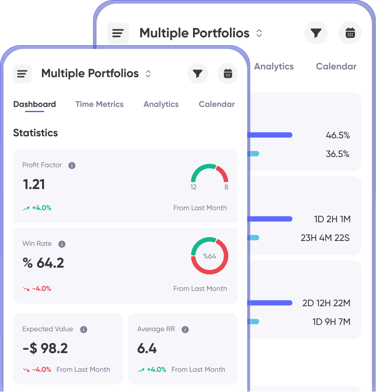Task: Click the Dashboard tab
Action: pyautogui.click(x=34, y=104)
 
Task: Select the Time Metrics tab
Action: pyautogui.click(x=99, y=104)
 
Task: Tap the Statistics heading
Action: pyautogui.click(x=36, y=133)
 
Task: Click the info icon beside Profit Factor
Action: pyautogui.click(x=72, y=166)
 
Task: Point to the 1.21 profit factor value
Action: pyautogui.click(x=33, y=184)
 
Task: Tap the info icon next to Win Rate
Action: pyautogui.click(x=62, y=244)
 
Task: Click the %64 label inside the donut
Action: pyautogui.click(x=209, y=256)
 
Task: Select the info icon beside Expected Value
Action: pyautogui.click(x=84, y=330)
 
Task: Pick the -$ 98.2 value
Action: pyautogui.click(x=45, y=348)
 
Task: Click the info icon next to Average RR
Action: pyautogui.click(x=185, y=330)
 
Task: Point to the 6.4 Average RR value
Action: pyautogui.click(x=147, y=348)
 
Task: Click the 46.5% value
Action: pyautogui.click(x=337, y=135)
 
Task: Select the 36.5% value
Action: pyautogui.click(x=337, y=154)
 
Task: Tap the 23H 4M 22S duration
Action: pyautogui.click(x=325, y=238)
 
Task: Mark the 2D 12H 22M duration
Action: pyautogui.click(x=326, y=303)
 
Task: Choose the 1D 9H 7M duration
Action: pyautogui.click(x=331, y=322)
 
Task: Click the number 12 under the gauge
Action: pyautogui.click(x=193, y=187)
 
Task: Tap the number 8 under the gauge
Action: pyautogui.click(x=226, y=187)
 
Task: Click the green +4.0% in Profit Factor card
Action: pyautogui.click(x=41, y=208)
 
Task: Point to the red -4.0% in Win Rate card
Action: pyautogui.click(x=41, y=288)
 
